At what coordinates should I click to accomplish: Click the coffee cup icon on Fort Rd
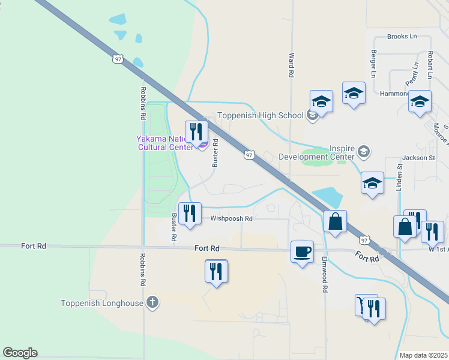click(302, 251)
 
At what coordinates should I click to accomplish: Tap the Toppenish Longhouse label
click(102, 303)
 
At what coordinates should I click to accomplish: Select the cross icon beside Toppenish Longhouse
click(152, 302)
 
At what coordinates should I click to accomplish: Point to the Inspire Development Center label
click(316, 152)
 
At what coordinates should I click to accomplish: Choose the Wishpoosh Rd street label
click(231, 219)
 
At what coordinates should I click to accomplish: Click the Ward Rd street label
click(292, 64)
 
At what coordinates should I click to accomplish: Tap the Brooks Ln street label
click(402, 37)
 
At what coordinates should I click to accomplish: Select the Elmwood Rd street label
click(325, 275)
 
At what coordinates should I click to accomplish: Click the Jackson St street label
click(418, 158)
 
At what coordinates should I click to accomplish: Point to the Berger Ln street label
click(373, 64)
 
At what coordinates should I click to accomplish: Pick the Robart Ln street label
click(430, 64)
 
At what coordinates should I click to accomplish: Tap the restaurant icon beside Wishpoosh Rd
click(190, 214)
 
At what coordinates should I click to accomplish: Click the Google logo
click(20, 353)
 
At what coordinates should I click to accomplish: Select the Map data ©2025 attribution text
click(423, 355)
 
